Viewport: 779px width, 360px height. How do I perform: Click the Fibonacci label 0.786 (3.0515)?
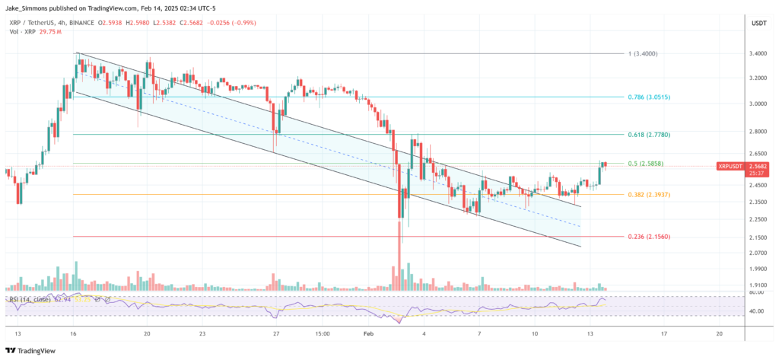coord(648,97)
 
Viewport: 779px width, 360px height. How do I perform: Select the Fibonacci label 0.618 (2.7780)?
coord(648,134)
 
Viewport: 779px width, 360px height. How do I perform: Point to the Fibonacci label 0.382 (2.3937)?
coord(648,194)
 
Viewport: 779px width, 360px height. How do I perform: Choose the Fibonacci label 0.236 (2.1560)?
coord(648,237)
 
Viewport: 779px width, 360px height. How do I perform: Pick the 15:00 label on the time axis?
coord(322,333)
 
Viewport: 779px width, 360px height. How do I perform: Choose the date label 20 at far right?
coord(720,333)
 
